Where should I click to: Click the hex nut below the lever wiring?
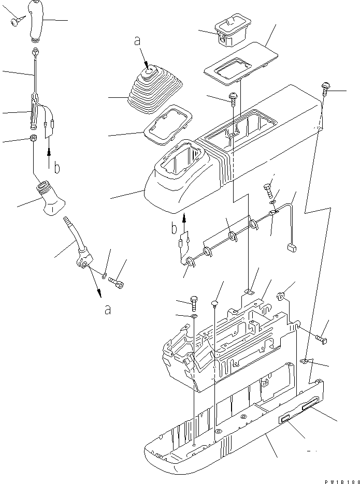pyautogui.click(x=33, y=139)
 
